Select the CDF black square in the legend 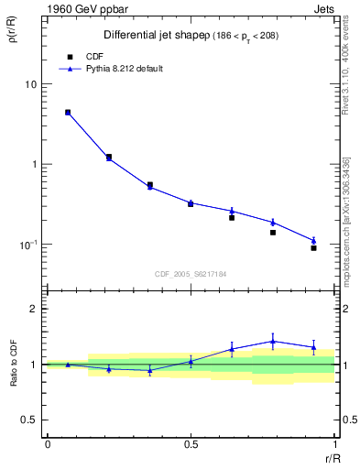[x=69, y=56]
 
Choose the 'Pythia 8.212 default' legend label [x=125, y=69]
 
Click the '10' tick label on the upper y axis [x=30, y=84]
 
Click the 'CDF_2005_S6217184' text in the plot [x=191, y=273]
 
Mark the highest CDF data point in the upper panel [x=68, y=113]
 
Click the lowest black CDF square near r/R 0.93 [x=313, y=248]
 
